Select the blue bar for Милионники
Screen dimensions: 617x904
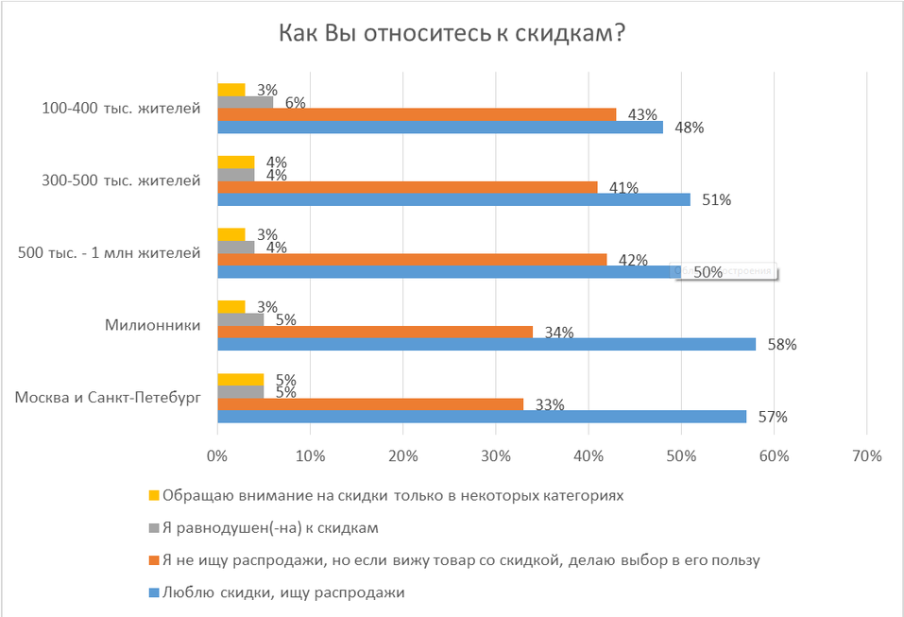tap(486, 344)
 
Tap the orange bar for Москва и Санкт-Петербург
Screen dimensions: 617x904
tap(370, 404)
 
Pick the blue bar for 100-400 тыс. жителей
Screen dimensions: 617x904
tap(440, 127)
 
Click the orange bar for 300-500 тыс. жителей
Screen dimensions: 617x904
tap(408, 187)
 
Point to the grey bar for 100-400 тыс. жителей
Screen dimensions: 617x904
tap(246, 102)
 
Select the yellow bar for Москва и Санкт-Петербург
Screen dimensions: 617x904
tap(241, 380)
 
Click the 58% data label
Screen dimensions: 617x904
tap(783, 345)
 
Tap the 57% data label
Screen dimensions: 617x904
tap(774, 417)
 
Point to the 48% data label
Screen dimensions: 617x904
tap(690, 128)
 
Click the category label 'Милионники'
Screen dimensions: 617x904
tap(154, 325)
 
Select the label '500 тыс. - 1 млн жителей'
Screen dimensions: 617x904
tap(109, 252)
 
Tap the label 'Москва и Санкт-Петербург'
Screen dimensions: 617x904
tap(109, 398)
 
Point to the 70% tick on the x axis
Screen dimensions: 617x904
tap(866, 455)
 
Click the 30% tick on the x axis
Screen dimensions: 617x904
tap(496, 455)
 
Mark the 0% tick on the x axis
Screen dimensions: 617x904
tap(218, 455)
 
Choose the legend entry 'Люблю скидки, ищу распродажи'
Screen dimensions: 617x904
tap(283, 592)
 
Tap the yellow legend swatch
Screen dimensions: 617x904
tap(154, 495)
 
